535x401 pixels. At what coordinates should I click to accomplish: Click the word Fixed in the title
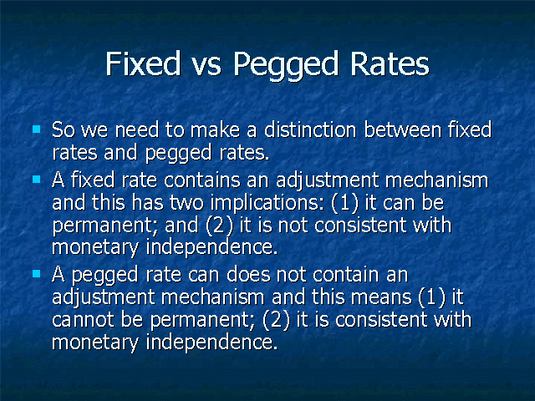(143, 63)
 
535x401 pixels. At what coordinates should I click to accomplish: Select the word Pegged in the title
(286, 66)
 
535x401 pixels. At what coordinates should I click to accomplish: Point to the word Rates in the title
(390, 63)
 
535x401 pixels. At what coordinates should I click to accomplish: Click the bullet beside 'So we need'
(37, 129)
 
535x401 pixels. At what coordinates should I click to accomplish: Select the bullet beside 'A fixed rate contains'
(37, 180)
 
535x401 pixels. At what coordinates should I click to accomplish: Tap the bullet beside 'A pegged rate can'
(37, 274)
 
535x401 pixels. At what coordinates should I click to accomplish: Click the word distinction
(310, 129)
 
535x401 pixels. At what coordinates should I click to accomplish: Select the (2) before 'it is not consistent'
(220, 226)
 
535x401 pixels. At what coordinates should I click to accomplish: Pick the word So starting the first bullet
(64, 130)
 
